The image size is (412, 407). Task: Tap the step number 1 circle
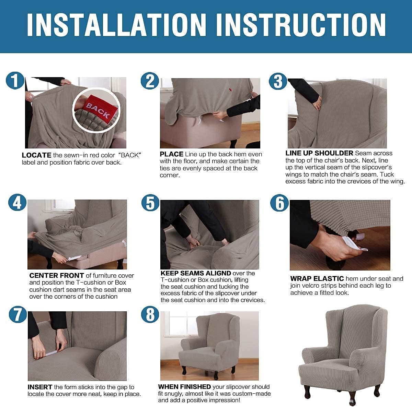(x=15, y=81)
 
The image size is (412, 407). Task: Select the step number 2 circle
(x=150, y=81)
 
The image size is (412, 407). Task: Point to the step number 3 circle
(x=278, y=82)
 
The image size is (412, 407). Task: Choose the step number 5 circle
(x=150, y=203)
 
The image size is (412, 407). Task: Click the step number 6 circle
(x=279, y=203)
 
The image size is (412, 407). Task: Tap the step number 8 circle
(x=150, y=315)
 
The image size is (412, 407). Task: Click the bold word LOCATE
(x=36, y=155)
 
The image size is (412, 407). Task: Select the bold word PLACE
(x=171, y=154)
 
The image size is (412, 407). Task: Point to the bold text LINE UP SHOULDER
(x=319, y=153)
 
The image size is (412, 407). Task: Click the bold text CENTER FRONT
(x=57, y=275)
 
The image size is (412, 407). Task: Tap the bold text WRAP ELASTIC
(x=317, y=278)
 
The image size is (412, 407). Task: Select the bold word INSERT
(x=40, y=387)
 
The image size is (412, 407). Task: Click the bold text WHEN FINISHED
(x=184, y=387)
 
